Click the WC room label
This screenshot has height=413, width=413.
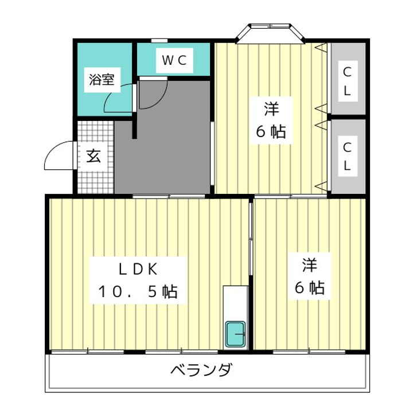pyautogui.click(x=174, y=60)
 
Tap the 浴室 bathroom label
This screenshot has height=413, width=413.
pyautogui.click(x=102, y=80)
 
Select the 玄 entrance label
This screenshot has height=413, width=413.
pyautogui.click(x=93, y=156)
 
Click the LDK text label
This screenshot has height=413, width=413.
pyautogui.click(x=138, y=268)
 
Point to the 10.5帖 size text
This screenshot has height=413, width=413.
pyautogui.click(x=138, y=291)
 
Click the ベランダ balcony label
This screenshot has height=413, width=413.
pyautogui.click(x=201, y=370)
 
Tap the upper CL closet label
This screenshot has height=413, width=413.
pyautogui.click(x=347, y=81)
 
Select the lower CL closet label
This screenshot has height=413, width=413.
pyautogui.click(x=347, y=156)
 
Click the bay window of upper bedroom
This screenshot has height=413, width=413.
pyautogui.click(x=270, y=32)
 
